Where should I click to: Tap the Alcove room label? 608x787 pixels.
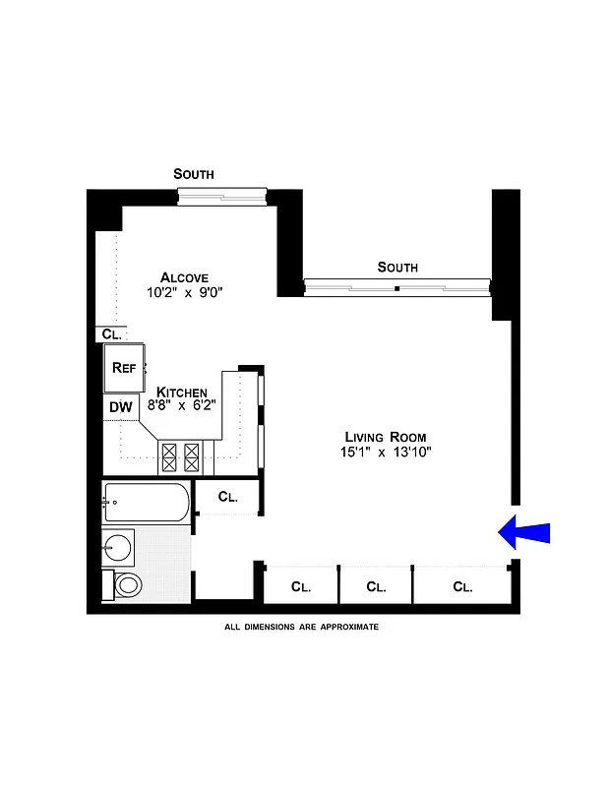(x=185, y=277)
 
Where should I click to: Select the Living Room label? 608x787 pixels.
(x=386, y=437)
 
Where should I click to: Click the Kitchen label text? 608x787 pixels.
(x=182, y=392)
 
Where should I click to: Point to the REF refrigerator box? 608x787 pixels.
(x=124, y=368)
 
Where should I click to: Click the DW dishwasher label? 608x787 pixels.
(x=120, y=406)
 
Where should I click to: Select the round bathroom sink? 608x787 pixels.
(x=119, y=544)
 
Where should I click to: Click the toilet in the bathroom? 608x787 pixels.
(x=127, y=586)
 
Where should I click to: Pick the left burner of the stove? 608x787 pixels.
(x=168, y=454)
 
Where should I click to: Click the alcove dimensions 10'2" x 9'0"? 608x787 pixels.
(x=185, y=292)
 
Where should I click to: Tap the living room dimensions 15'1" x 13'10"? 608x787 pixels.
(x=388, y=452)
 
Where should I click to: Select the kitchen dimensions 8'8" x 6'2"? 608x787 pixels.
(x=183, y=404)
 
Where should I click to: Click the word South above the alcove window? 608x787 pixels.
(x=194, y=174)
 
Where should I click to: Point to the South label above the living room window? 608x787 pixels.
(x=397, y=268)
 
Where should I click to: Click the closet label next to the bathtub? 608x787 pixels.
(x=227, y=497)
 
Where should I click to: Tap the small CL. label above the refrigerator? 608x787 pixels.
(x=111, y=334)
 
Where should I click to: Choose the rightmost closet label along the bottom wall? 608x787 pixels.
(x=462, y=587)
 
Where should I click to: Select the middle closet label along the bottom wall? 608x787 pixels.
(x=376, y=587)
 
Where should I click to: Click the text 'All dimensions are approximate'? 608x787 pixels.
(x=301, y=627)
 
